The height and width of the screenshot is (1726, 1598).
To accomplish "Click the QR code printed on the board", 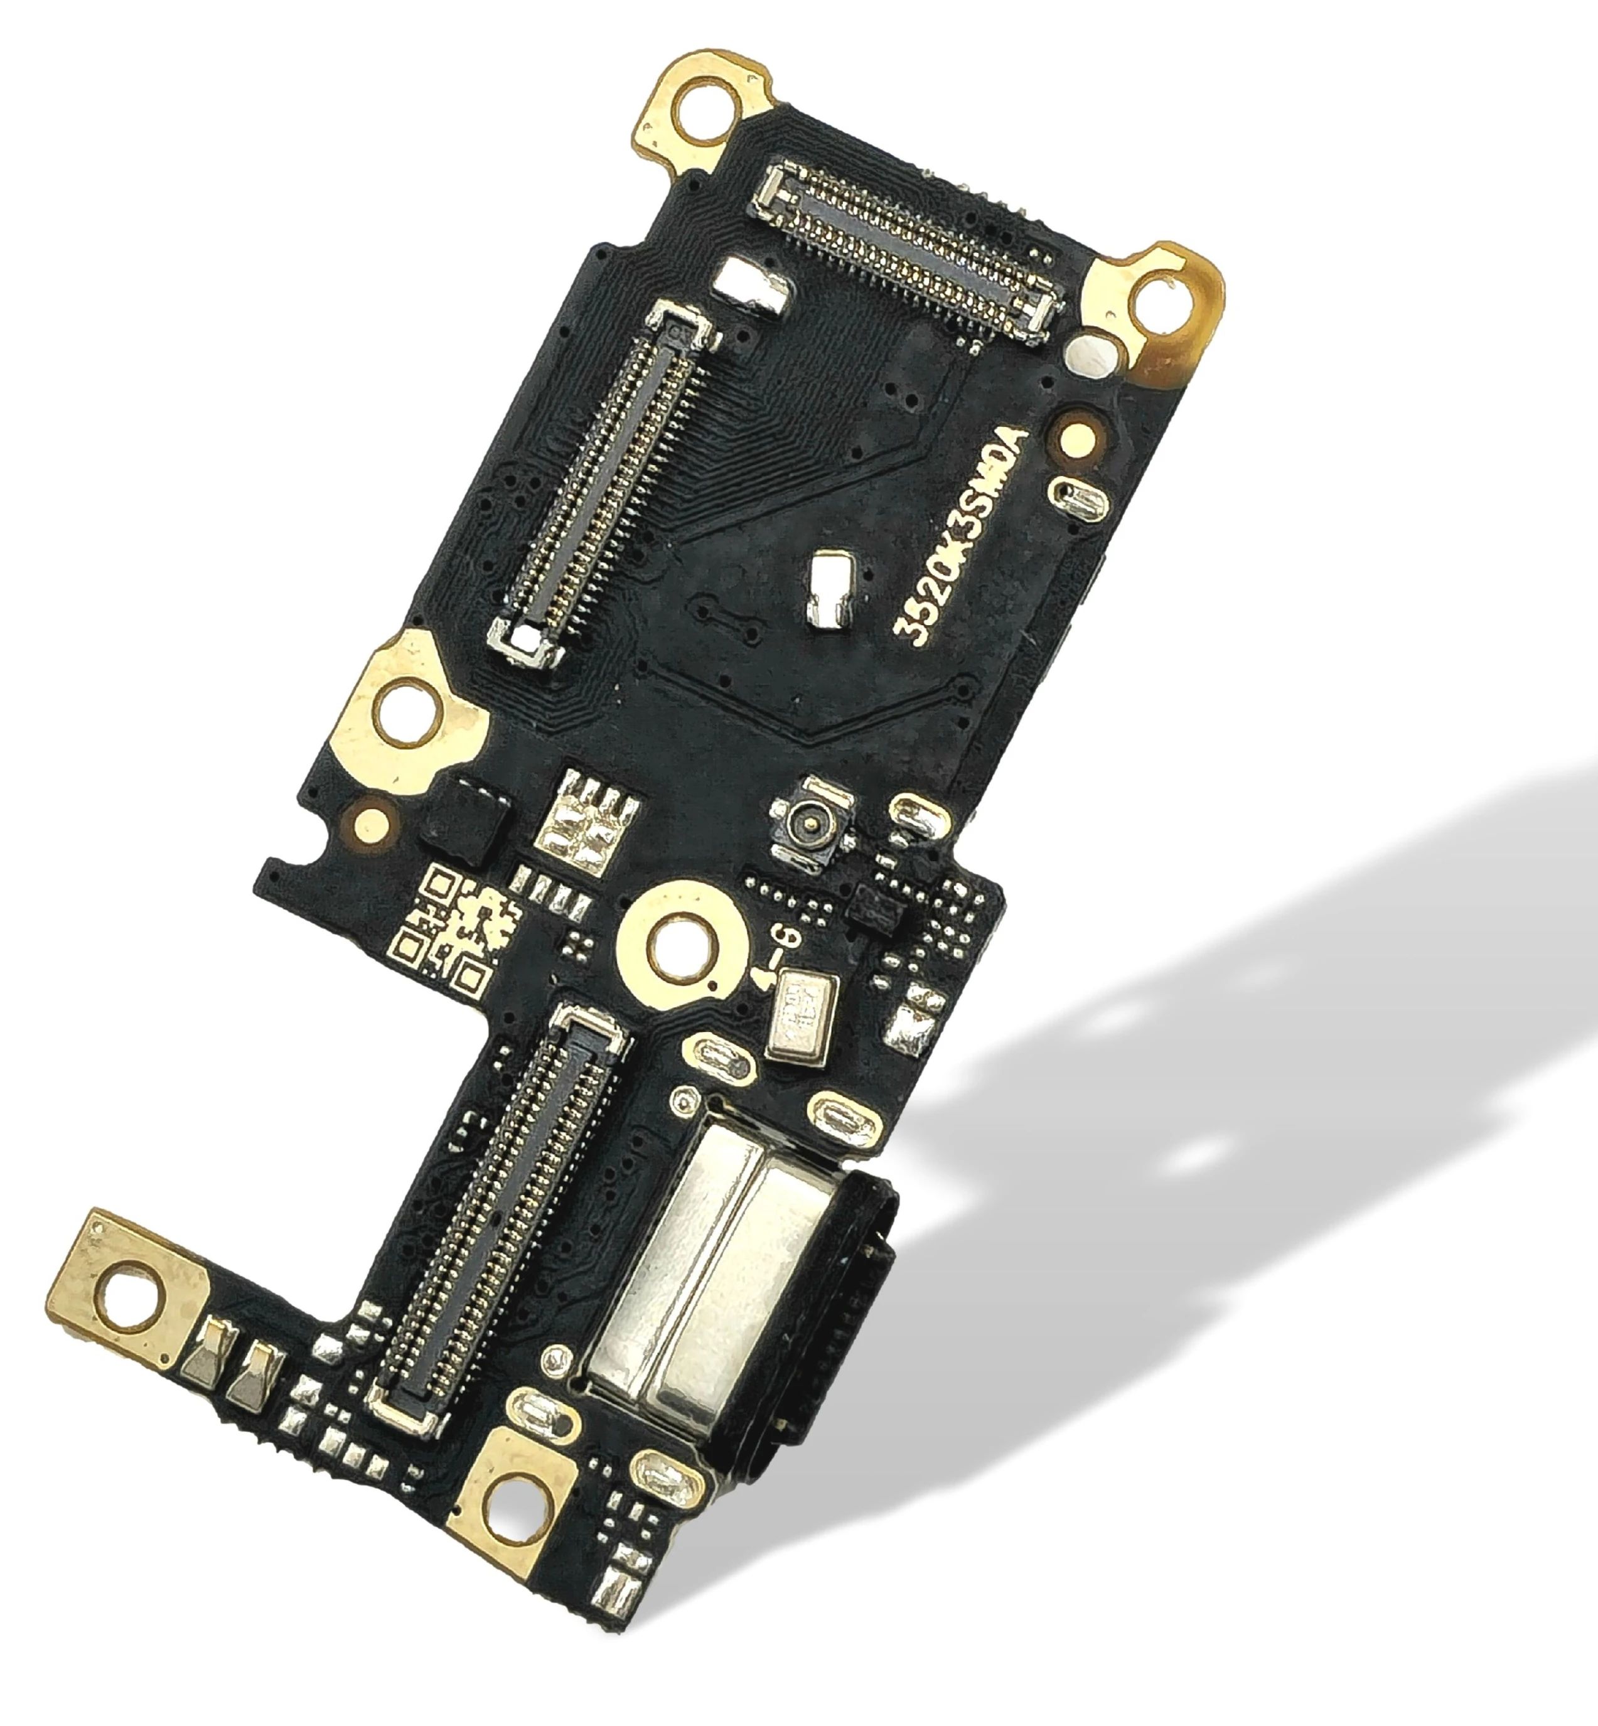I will [x=453, y=930].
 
